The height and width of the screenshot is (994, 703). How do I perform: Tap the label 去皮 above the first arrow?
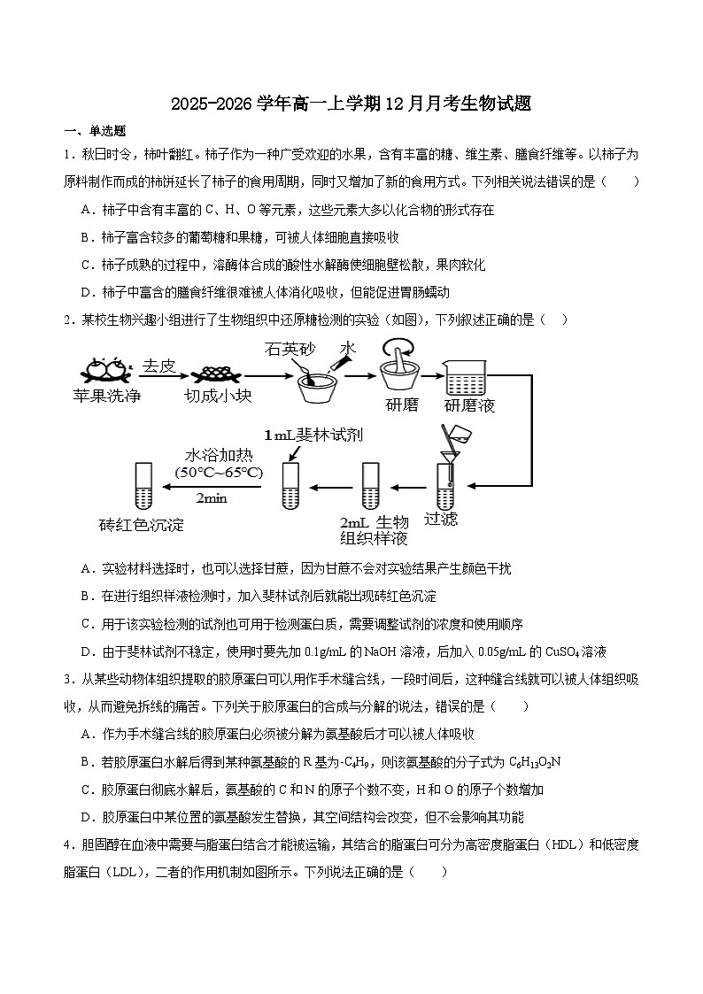pos(159,365)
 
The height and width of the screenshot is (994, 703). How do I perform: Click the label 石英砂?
pos(289,350)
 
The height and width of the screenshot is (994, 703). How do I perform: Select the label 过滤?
pos(441,519)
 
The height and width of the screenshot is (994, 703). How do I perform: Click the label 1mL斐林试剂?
pos(313,435)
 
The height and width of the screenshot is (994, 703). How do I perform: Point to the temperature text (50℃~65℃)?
pos(219,473)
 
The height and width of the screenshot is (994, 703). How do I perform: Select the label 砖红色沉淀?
pos(142,525)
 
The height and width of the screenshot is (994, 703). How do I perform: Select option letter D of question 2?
pos(86,651)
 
